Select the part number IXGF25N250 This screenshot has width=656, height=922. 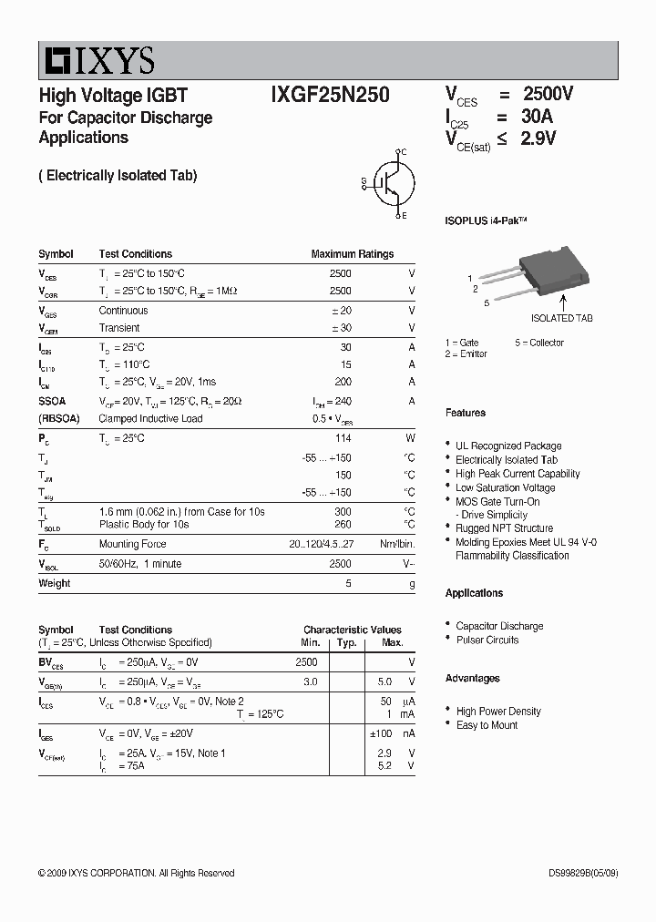pyautogui.click(x=330, y=96)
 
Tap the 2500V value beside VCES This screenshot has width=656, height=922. pyautogui.click(x=548, y=94)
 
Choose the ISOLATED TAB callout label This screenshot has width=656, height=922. pyautogui.click(x=561, y=318)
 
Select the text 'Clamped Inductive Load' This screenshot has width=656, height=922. pyautogui.click(x=150, y=419)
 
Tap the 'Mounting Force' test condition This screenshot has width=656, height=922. pyautogui.click(x=133, y=544)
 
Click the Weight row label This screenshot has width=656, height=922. pyautogui.click(x=54, y=583)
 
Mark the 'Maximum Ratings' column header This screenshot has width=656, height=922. pyautogui.click(x=352, y=254)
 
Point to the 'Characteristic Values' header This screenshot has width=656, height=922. pyautogui.click(x=352, y=630)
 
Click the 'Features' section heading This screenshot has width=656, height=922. pyautogui.click(x=465, y=413)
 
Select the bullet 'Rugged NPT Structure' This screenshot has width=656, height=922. pyautogui.click(x=504, y=528)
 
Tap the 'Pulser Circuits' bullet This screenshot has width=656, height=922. pyautogui.click(x=487, y=640)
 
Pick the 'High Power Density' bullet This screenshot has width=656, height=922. pyautogui.click(x=498, y=712)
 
